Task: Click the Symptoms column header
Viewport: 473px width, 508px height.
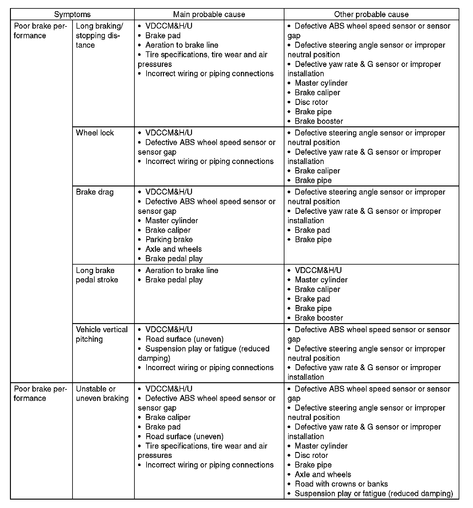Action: pos(72,14)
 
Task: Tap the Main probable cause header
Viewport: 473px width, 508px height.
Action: pos(209,14)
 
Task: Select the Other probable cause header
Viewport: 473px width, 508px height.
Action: pos(371,14)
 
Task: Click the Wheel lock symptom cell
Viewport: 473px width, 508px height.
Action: pos(95,133)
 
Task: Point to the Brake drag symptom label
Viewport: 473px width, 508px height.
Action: pos(95,192)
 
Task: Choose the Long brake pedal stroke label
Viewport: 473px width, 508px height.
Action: pos(97,275)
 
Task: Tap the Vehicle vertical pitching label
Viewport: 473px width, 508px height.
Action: pos(102,334)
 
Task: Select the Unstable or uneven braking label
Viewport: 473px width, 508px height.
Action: pos(102,393)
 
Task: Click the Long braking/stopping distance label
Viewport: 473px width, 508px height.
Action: pos(99,35)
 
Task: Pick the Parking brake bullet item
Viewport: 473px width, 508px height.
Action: pos(169,239)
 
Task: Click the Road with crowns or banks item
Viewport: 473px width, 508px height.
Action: pos(341,484)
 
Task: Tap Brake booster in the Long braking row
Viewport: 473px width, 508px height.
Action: pos(319,121)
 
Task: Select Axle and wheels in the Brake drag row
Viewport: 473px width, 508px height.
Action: pos(173,249)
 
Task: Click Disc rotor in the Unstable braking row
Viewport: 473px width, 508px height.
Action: pos(311,455)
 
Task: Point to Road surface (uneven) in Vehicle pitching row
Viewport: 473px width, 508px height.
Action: pos(184,339)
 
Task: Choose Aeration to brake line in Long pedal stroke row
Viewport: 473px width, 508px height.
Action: pos(182,270)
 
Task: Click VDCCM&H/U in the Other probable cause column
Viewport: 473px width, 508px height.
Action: pos(318,270)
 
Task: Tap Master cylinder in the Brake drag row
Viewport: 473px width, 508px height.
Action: pos(171,221)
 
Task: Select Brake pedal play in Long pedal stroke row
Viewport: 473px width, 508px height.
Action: pos(174,280)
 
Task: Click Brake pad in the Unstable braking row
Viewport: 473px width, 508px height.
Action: pos(163,427)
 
